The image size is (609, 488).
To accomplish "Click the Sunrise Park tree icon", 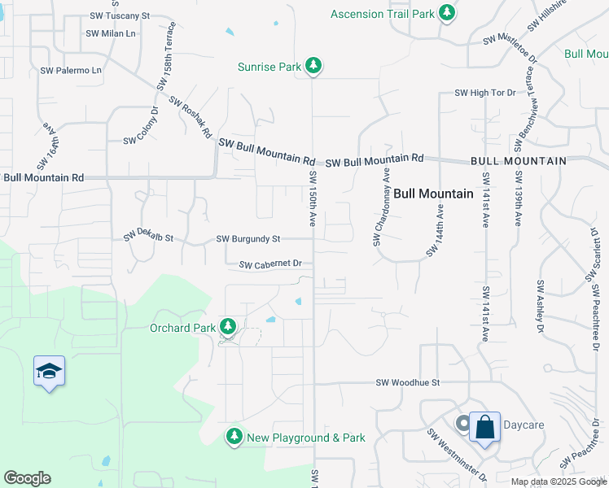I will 313,66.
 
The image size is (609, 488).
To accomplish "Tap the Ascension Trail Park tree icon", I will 446,13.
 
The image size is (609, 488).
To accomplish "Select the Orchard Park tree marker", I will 228,328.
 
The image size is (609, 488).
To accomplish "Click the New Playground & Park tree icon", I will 234,438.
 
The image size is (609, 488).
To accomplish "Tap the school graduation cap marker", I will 49,371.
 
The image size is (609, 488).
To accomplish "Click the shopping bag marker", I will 484,426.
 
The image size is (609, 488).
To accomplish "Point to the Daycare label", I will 524,425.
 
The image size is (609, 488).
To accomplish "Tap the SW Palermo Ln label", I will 72,70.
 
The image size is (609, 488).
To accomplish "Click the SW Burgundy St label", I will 248,239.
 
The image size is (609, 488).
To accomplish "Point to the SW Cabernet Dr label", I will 270,264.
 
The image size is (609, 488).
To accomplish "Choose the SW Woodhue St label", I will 407,382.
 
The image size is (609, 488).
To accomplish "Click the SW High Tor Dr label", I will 485,93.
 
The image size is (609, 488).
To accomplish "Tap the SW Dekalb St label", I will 149,236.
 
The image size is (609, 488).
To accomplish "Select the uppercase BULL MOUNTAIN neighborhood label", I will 518,161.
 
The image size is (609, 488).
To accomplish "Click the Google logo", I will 27,478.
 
